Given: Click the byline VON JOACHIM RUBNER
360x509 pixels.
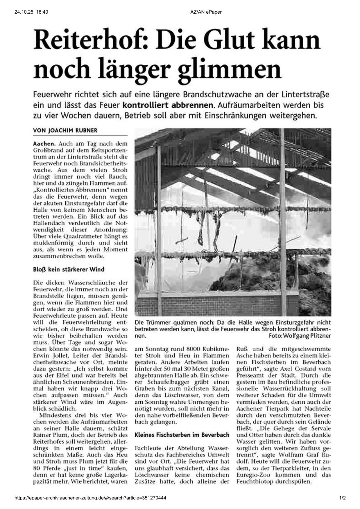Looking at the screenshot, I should point(65,131).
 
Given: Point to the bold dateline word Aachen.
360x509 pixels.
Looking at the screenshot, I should point(44,144).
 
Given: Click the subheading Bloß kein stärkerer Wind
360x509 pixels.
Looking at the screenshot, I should point(69,269).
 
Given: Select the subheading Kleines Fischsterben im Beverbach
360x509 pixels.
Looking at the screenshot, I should point(182,435).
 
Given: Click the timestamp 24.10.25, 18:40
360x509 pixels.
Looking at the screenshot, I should point(31,12).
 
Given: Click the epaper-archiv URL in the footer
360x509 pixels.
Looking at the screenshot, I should point(90,498).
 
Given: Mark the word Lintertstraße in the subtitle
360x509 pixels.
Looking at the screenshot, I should point(305,95).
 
